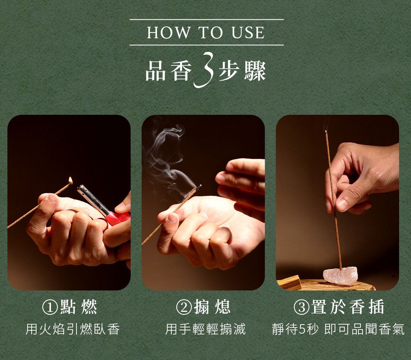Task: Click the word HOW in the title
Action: click(169, 33)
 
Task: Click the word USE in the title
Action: click(248, 33)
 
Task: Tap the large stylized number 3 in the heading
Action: click(204, 70)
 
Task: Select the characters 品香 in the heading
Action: click(169, 71)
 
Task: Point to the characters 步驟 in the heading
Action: click(242, 71)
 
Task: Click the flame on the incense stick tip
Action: click(70, 181)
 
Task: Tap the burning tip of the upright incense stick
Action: click(326, 131)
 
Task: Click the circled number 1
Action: click(50, 307)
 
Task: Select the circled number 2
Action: click(184, 307)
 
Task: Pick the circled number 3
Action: click(301, 307)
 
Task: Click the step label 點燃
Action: click(79, 307)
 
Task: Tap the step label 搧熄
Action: click(212, 307)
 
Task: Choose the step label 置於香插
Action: click(348, 307)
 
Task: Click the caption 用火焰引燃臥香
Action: click(73, 329)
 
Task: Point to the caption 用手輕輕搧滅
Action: click(205, 329)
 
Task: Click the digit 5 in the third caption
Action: click(302, 330)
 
